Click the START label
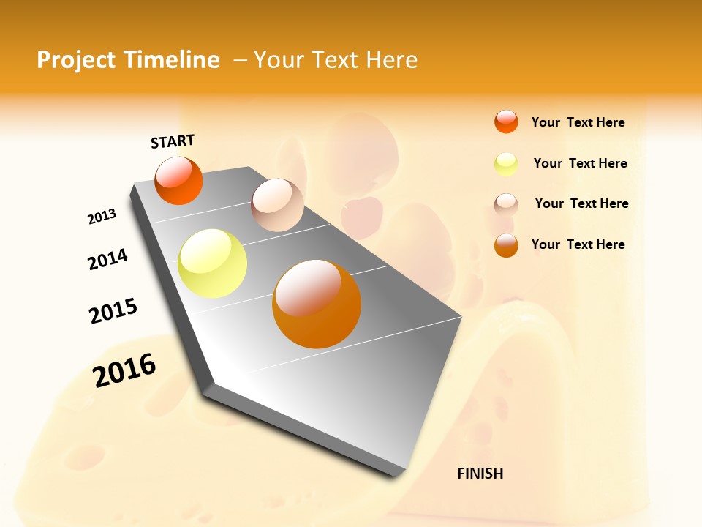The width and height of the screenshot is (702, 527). [173, 141]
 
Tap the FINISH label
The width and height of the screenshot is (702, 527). [480, 474]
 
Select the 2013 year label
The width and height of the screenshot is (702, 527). [102, 217]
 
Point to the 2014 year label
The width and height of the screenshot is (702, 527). [107, 260]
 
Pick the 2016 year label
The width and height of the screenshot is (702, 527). [124, 370]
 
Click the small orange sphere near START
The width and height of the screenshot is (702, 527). [178, 181]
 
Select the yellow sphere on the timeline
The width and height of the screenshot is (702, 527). [212, 263]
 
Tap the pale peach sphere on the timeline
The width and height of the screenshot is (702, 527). [277, 205]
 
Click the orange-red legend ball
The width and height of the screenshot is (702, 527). [506, 122]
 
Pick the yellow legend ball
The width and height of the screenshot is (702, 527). [506, 164]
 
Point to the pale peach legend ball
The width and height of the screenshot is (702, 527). [506, 204]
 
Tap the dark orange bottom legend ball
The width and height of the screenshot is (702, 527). [506, 245]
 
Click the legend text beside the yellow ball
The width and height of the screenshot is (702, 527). [580, 163]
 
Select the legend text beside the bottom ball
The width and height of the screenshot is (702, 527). [578, 244]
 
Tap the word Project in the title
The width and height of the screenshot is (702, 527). [76, 60]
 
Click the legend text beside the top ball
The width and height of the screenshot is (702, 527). [578, 122]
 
